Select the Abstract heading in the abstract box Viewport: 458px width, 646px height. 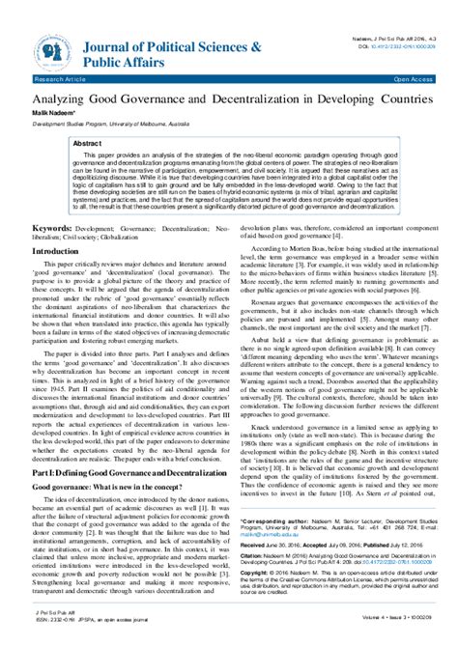[x=88, y=141]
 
